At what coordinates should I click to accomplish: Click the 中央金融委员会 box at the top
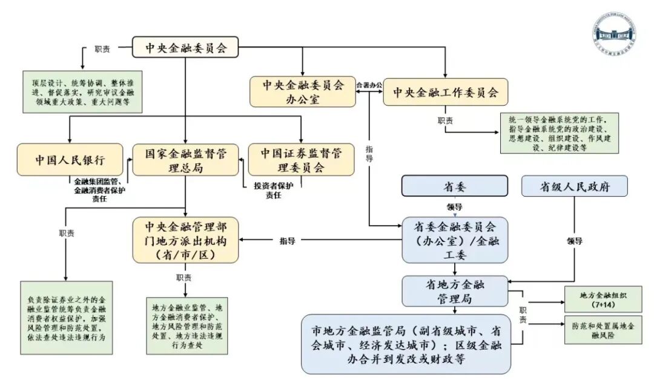(185, 47)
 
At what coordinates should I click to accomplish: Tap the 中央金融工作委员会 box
(446, 92)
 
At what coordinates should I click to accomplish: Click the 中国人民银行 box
(70, 160)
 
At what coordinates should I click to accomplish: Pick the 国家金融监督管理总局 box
(185, 160)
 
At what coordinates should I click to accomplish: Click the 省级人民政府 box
(574, 186)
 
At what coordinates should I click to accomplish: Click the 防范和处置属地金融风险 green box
(603, 329)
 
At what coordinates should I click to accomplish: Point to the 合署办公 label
(369, 85)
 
